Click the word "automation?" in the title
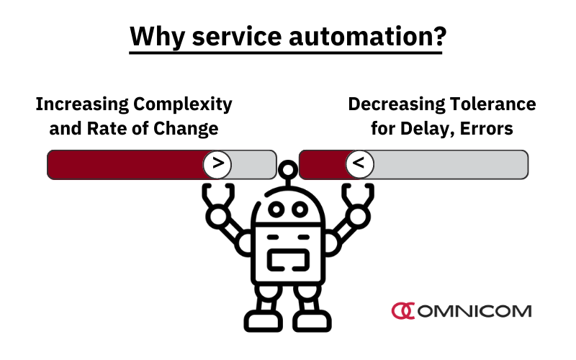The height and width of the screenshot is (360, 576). click(x=367, y=37)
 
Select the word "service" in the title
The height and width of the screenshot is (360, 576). click(x=237, y=37)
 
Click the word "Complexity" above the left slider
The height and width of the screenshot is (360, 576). click(x=183, y=104)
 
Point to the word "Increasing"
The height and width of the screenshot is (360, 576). click(x=82, y=104)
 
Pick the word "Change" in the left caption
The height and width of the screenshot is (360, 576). click(x=186, y=129)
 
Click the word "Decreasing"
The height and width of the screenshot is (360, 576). click(x=397, y=104)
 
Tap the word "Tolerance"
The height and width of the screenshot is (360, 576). click(x=493, y=104)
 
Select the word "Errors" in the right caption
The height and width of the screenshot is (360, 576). click(x=487, y=129)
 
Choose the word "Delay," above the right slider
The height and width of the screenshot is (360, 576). click(x=428, y=130)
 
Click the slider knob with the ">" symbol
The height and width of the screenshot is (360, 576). click(x=217, y=164)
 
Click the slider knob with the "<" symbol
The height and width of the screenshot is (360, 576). click(x=359, y=164)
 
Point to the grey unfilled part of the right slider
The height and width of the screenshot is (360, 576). click(x=451, y=165)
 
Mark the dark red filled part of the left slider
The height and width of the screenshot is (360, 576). click(x=127, y=165)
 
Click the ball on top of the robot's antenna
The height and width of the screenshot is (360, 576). click(x=288, y=170)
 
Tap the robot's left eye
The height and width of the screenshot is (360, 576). click(x=276, y=210)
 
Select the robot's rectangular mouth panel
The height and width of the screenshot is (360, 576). click(x=289, y=260)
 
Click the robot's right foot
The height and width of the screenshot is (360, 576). click(x=312, y=321)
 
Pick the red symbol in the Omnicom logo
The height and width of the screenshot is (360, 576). click(x=403, y=311)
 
